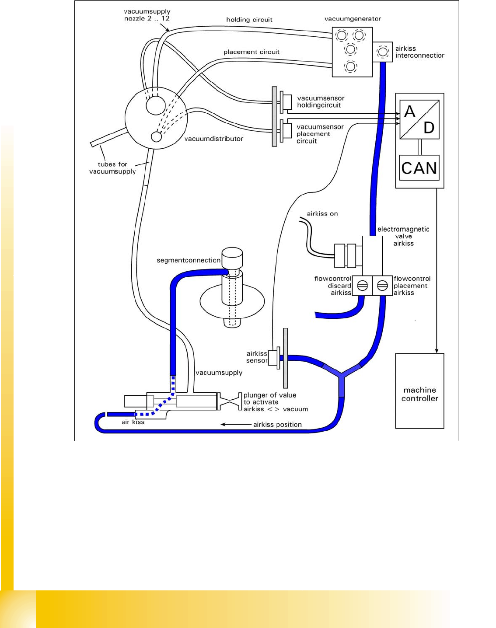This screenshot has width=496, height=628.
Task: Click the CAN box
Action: coord(419,168)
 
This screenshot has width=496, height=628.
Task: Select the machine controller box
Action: coord(419,391)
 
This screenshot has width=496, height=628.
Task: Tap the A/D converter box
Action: coord(419,119)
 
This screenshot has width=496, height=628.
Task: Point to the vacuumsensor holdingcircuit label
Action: coord(321,101)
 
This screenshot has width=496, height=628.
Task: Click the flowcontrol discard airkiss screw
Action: coord(362,286)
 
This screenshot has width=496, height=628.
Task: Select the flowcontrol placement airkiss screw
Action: coord(382,286)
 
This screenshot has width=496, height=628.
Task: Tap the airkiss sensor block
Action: coord(274,357)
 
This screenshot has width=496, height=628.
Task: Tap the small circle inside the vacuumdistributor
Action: coord(156,137)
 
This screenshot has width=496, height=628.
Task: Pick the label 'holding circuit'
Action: coord(249,20)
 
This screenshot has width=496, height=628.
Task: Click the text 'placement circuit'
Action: coord(251,52)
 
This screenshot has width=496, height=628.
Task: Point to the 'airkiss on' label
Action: coord(322,214)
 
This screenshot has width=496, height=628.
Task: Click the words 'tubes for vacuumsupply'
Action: coord(112,168)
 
